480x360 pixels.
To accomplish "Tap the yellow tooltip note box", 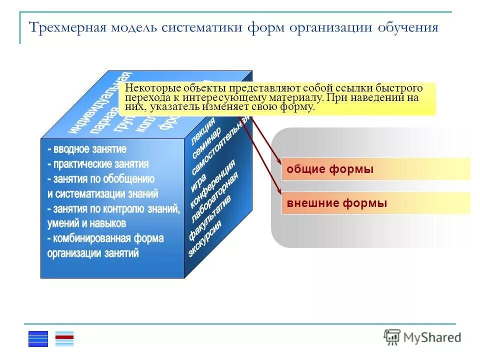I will pyautogui.click(x=277, y=98).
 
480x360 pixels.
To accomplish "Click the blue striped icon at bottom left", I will pyautogui.click(x=38, y=338).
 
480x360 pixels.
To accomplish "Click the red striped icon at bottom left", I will pyautogui.click(x=64, y=338).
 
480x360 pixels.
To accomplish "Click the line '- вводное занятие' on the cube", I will pyautogui.click(x=87, y=149).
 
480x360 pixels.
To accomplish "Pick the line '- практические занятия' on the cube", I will pyautogui.click(x=98, y=164).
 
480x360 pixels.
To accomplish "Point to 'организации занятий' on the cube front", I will pyautogui.click(x=93, y=253).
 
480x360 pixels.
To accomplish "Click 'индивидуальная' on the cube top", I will pyautogui.click(x=100, y=103).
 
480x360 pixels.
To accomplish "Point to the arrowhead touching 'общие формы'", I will pyautogui.click(x=278, y=159).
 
